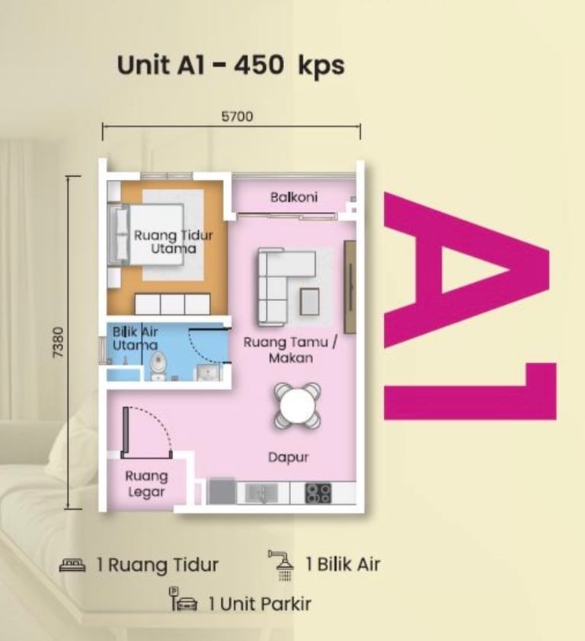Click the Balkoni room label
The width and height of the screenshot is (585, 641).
[x=294, y=197]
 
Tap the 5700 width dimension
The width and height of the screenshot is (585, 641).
[x=237, y=117]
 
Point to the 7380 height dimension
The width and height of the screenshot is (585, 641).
[x=59, y=342]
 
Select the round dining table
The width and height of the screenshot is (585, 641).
[x=297, y=405]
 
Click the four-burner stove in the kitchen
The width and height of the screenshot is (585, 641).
[x=318, y=493]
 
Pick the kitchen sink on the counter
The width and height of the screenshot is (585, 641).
[x=261, y=492]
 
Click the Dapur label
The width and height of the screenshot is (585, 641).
[x=288, y=457]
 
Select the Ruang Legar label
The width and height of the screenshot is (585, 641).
[x=146, y=484]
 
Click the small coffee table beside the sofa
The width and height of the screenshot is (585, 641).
[x=309, y=301]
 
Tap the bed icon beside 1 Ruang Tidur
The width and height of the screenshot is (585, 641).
[x=72, y=566]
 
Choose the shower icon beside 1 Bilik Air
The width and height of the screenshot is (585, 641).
[x=283, y=565]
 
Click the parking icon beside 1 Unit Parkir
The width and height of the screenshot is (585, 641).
[x=183, y=600]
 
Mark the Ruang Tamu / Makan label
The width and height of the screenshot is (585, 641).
[x=290, y=350]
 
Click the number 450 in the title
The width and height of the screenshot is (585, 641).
[x=258, y=65]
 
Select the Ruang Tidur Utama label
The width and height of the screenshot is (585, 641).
[x=174, y=242]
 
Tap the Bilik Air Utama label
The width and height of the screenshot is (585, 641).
[x=135, y=338]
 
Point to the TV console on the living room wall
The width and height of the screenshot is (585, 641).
[x=350, y=287]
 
